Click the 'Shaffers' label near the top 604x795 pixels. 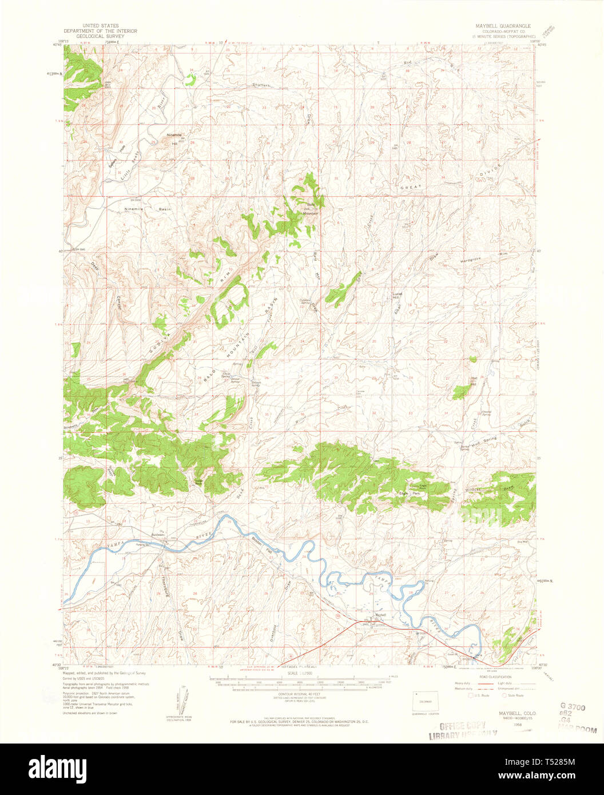coord(260,86)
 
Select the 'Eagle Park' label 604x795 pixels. coord(411,492)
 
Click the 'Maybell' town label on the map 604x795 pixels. coord(380,615)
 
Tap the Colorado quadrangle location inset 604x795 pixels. coord(424,701)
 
